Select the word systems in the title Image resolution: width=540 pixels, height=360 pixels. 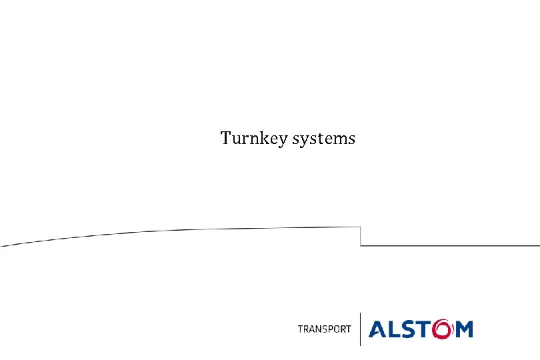click(x=324, y=139)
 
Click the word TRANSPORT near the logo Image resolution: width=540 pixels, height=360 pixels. click(x=324, y=329)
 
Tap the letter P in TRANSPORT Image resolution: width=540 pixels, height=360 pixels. click(x=330, y=329)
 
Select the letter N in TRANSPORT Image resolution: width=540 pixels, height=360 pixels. click(x=316, y=329)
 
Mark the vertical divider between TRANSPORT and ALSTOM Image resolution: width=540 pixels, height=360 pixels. click(x=360, y=329)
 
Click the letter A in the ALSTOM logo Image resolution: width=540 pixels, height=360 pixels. click(x=378, y=329)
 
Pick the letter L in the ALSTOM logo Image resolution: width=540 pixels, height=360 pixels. click(x=395, y=329)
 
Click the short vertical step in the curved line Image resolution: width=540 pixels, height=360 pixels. click(x=361, y=236)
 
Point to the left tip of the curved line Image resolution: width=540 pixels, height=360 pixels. click(x=3, y=245)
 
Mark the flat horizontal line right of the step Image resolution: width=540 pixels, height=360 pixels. click(x=450, y=245)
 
